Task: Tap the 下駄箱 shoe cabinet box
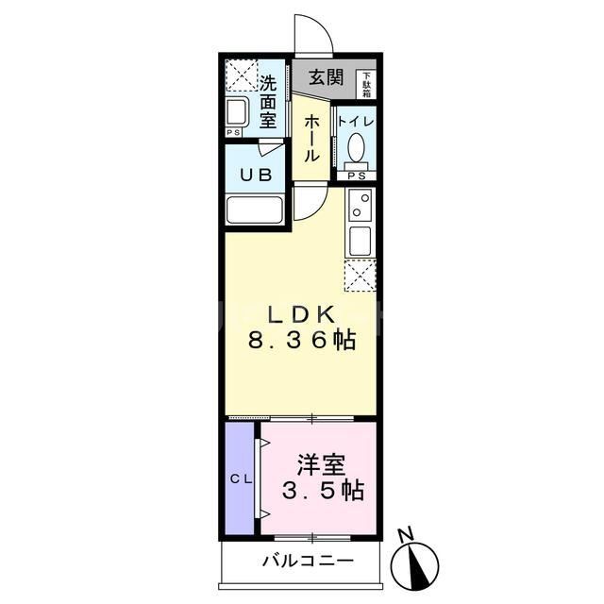point(366,84)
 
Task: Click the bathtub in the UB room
point(256,209)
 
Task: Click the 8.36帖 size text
point(302,342)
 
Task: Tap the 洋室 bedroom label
point(321,464)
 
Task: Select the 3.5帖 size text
point(323,491)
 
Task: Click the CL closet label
point(241,479)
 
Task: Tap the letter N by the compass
point(405,535)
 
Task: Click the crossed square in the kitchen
point(361,277)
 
